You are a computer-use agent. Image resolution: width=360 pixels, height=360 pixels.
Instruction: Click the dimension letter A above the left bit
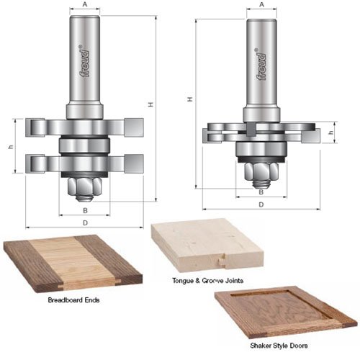pyautogui.click(x=85, y=4)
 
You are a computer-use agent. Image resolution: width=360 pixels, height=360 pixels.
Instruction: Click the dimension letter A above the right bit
pyautogui.click(x=261, y=4)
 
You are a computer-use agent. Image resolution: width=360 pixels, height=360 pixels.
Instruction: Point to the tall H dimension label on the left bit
pyautogui.click(x=150, y=104)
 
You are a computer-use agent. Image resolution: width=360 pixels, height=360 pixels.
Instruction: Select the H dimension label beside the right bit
pyautogui.click(x=190, y=99)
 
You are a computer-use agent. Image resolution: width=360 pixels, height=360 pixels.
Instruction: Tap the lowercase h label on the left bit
pyautogui.click(x=10, y=147)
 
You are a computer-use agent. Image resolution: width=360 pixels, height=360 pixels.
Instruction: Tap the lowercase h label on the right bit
pyautogui.click(x=330, y=132)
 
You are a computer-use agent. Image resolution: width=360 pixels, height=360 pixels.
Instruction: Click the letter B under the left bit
pyautogui.click(x=85, y=210)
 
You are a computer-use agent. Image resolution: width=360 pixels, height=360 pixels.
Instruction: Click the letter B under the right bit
pyautogui.click(x=261, y=192)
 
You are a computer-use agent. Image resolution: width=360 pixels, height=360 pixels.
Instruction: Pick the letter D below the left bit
pyautogui.click(x=85, y=224)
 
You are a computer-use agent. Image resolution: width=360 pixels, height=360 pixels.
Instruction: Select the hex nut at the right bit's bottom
pyautogui.click(x=261, y=171)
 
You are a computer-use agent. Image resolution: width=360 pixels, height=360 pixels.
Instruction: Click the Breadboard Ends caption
pyautogui.click(x=72, y=299)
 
